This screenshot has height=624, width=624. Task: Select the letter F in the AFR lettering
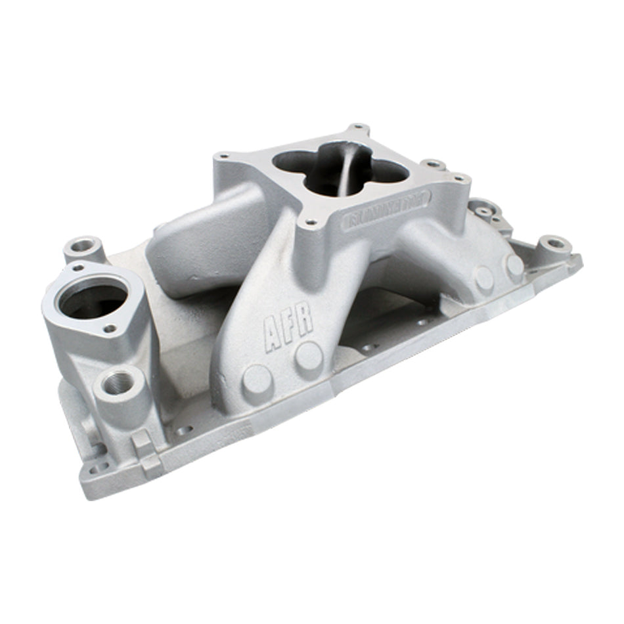290,324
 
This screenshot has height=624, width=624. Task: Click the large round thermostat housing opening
92,299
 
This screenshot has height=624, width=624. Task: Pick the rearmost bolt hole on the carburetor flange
357,126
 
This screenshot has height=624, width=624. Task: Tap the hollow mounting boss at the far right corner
556,244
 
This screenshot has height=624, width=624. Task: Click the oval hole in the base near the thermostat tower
184,432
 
